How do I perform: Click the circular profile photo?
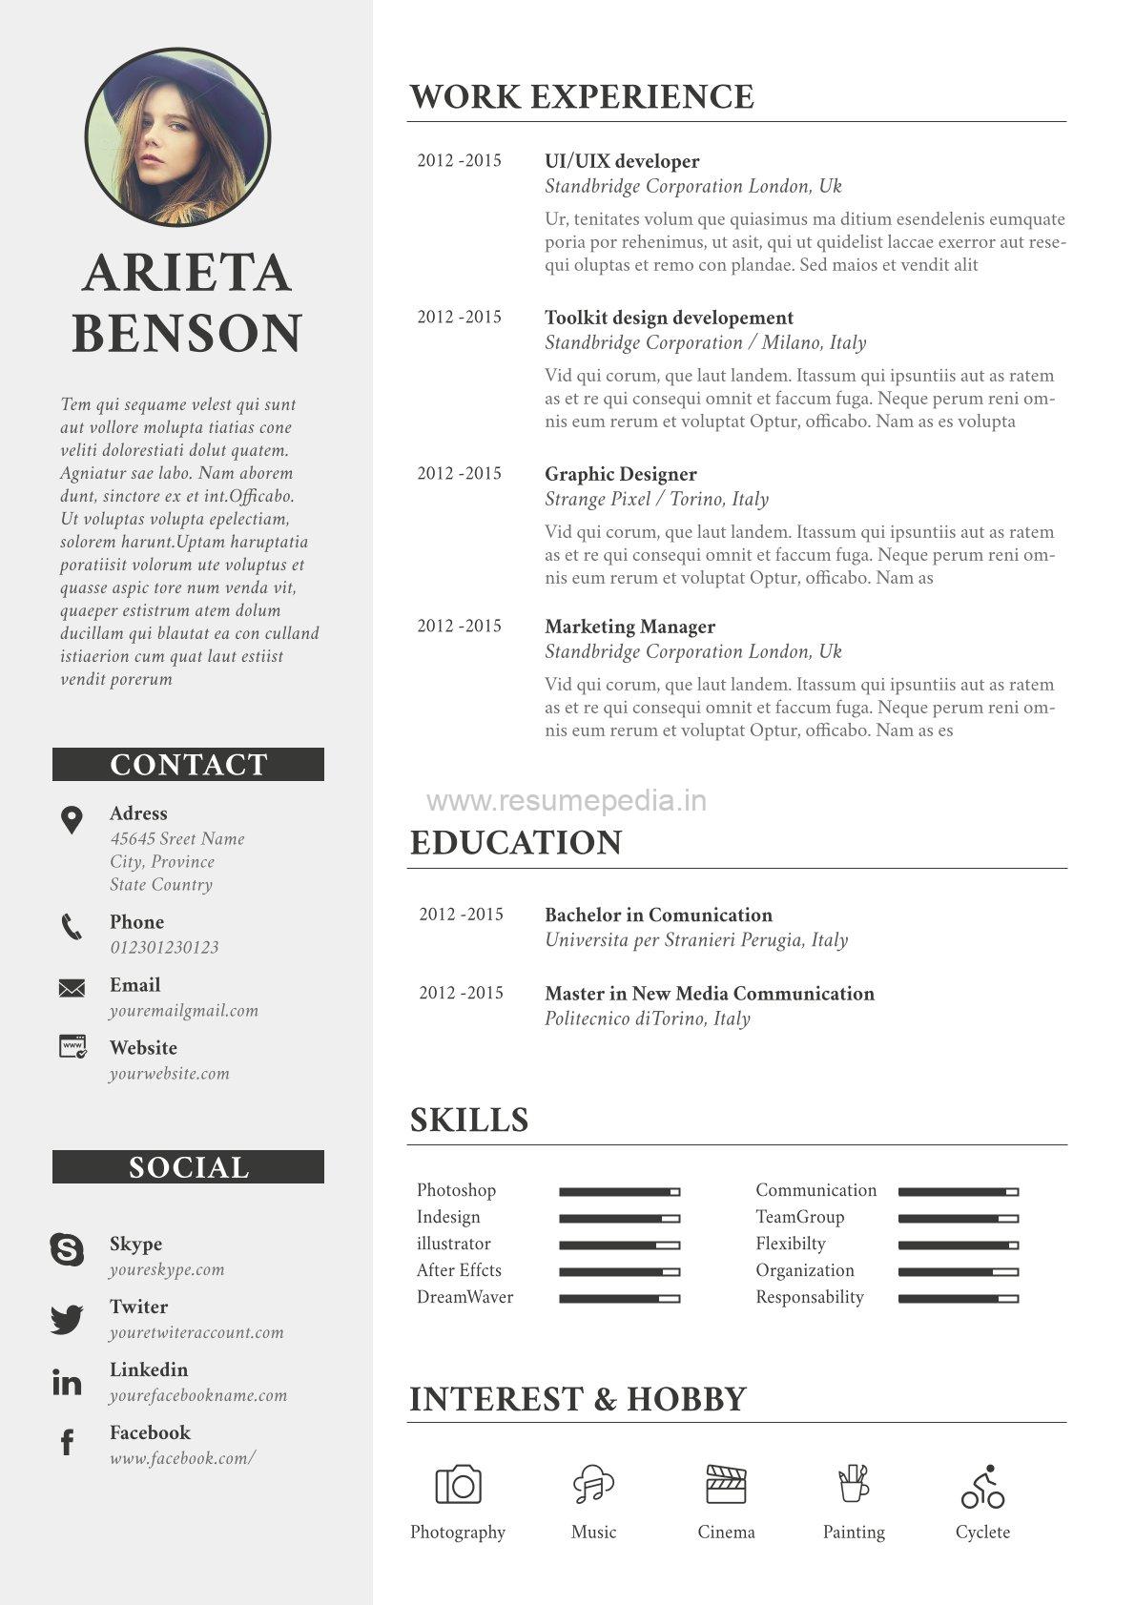(178, 137)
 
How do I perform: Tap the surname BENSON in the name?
(187, 334)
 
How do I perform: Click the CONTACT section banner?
(188, 765)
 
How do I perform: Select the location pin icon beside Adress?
(72, 819)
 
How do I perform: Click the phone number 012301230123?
(164, 947)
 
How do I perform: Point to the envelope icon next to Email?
(72, 988)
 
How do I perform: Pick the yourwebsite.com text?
(169, 1073)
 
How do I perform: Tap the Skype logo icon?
(67, 1249)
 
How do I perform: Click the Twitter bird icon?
(67, 1320)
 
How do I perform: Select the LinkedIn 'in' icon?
(67, 1382)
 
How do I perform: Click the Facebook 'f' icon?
(67, 1443)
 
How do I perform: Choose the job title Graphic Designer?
(620, 474)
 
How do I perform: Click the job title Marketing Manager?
(629, 627)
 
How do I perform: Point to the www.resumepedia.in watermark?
(567, 801)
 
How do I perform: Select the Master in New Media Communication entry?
(709, 994)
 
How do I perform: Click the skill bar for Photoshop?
(619, 1192)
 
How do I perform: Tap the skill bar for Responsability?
(958, 1299)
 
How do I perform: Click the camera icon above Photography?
(458, 1485)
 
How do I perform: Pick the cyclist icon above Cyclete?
(982, 1487)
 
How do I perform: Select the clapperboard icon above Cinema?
(726, 1485)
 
